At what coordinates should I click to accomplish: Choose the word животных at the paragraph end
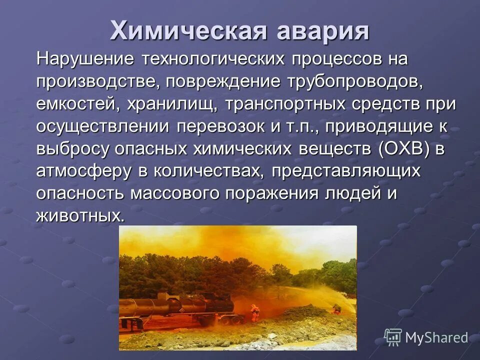79,216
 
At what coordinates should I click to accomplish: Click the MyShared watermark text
436,338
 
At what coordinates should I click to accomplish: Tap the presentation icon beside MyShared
393,337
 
